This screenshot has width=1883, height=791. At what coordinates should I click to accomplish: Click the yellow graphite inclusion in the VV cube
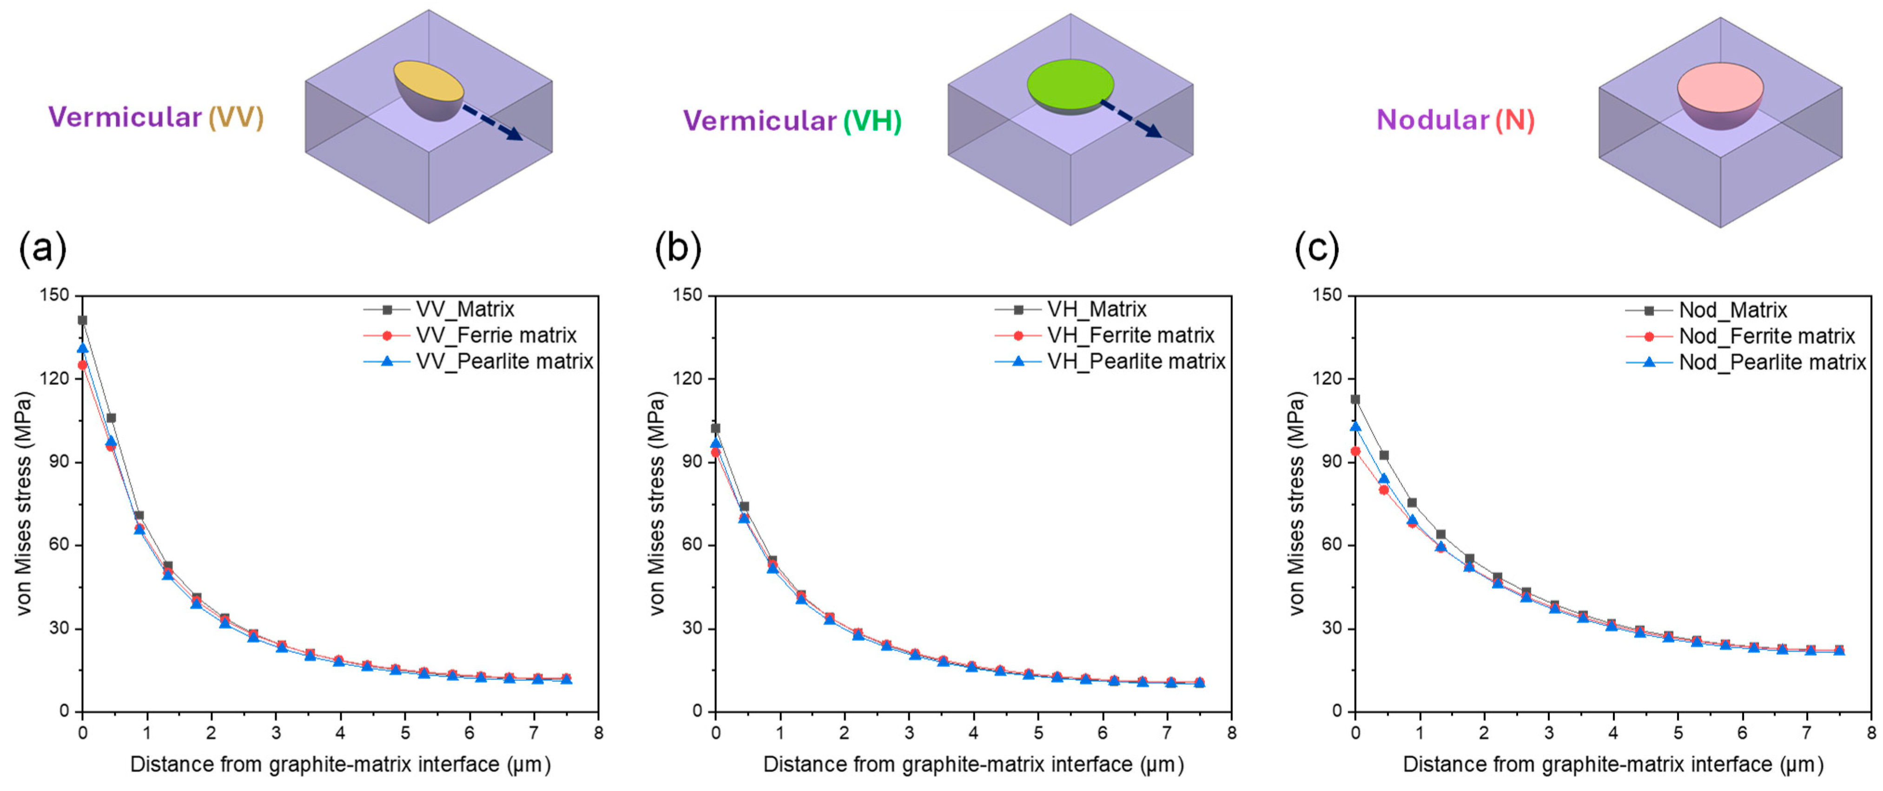(x=429, y=80)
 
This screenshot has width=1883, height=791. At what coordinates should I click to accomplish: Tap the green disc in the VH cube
(x=1070, y=83)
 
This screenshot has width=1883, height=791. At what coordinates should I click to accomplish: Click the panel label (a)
(x=42, y=249)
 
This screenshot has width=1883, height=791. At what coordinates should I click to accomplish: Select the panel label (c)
(x=1317, y=249)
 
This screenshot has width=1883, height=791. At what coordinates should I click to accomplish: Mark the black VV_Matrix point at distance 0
(x=83, y=320)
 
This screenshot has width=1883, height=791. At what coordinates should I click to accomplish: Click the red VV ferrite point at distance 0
(x=83, y=365)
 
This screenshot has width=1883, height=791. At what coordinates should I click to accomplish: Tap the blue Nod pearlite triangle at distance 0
(x=1356, y=426)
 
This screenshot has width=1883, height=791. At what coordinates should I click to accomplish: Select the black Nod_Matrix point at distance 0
(x=1355, y=399)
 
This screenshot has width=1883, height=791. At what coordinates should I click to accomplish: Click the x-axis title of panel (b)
(x=973, y=765)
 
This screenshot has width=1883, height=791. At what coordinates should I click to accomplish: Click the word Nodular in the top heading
(x=1432, y=120)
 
